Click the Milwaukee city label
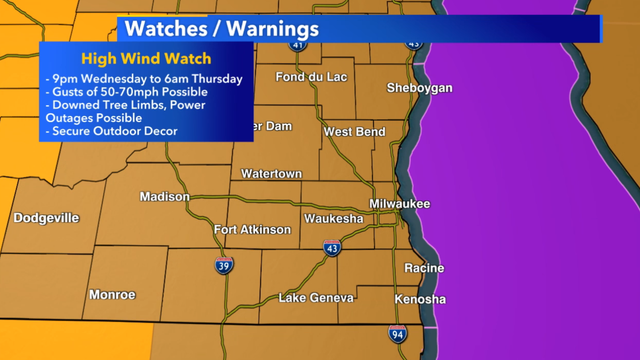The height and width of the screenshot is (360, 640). pos(399,203)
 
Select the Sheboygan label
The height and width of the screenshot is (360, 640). pos(420,88)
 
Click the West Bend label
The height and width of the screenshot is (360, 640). pos(349,132)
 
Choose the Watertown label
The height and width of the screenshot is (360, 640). pos(271,174)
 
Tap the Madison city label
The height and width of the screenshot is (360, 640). pos(164,196)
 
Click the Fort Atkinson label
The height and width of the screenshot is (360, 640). pos(252,230)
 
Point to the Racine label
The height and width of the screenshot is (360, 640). pos(424,268)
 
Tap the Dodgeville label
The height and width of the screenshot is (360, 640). pos(46,218)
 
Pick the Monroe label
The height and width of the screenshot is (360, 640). pos(111,294)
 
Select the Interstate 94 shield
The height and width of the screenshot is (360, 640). pos(397,334)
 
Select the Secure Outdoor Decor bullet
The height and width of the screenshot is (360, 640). pos(110,131)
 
